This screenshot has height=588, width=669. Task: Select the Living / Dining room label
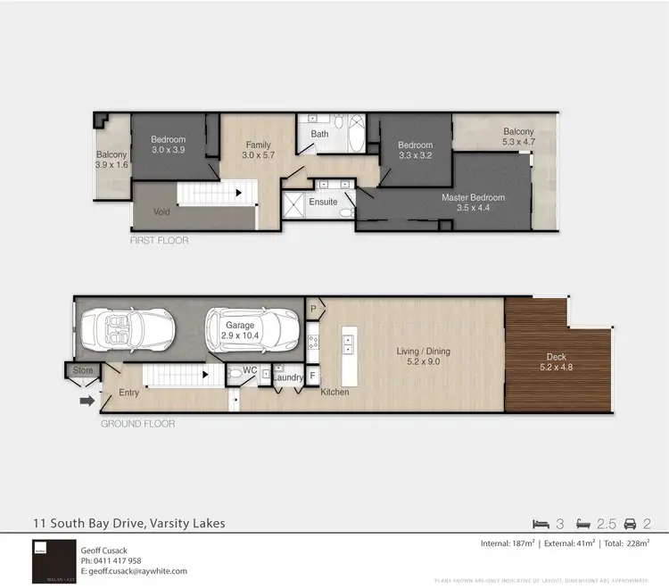point(423,356)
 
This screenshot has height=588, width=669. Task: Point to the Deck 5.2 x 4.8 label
point(557,361)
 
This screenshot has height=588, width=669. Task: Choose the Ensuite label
point(323,203)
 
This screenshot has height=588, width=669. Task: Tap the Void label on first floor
point(161,212)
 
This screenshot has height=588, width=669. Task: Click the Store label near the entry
point(83,369)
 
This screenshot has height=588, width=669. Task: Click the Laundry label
point(288,378)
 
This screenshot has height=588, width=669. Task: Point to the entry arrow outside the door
point(87,402)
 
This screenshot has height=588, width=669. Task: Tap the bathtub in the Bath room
point(357,134)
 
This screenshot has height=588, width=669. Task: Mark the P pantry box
point(313,307)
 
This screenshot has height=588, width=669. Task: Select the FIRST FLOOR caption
point(159,241)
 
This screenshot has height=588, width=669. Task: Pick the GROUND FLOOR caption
point(137,424)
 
